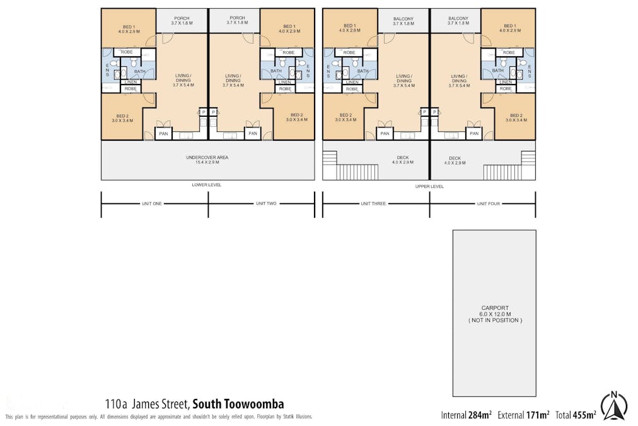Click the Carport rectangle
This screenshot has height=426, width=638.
coord(494,313)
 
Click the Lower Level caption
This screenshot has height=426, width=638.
coord(207,185)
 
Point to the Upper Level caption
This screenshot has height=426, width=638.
coord(429,186)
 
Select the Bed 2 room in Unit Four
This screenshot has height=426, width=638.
coord(516,118)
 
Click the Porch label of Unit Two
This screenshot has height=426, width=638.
coord(237,20)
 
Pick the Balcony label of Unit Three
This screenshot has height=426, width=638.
coord(403,21)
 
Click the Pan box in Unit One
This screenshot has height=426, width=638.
coord(163,133)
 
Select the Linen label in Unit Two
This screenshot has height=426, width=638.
coord(284,82)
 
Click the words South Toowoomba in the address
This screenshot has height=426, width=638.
coord(238,404)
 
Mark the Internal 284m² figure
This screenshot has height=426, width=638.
coord(466,415)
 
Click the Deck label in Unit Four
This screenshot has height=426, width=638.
coord(455,161)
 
